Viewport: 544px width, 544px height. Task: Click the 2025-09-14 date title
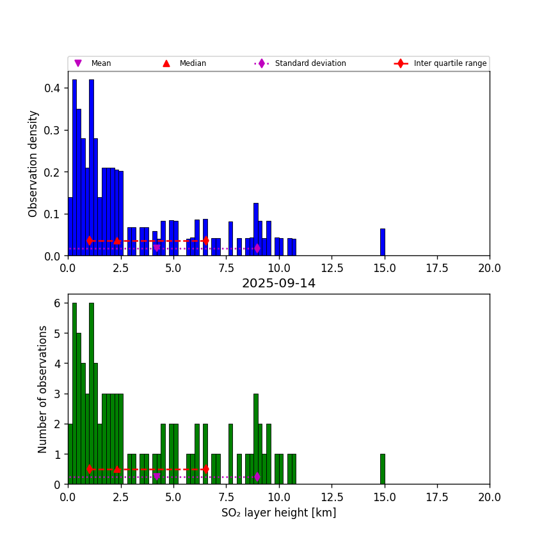[x=278, y=284]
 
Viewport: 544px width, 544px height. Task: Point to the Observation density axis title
[x=34, y=163]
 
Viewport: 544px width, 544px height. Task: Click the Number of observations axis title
[x=43, y=389]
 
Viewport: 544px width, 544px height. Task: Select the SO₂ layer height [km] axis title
[x=278, y=513]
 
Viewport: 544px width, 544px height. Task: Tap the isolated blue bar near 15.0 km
[x=382, y=242]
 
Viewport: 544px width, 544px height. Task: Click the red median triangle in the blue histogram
[x=117, y=241]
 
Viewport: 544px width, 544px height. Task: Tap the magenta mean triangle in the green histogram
[x=157, y=477]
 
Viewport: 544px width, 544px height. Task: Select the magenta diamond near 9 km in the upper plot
[x=257, y=248]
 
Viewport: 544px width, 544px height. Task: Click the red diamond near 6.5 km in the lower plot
[x=205, y=469]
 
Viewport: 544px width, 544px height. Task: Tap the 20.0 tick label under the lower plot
[x=489, y=497]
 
